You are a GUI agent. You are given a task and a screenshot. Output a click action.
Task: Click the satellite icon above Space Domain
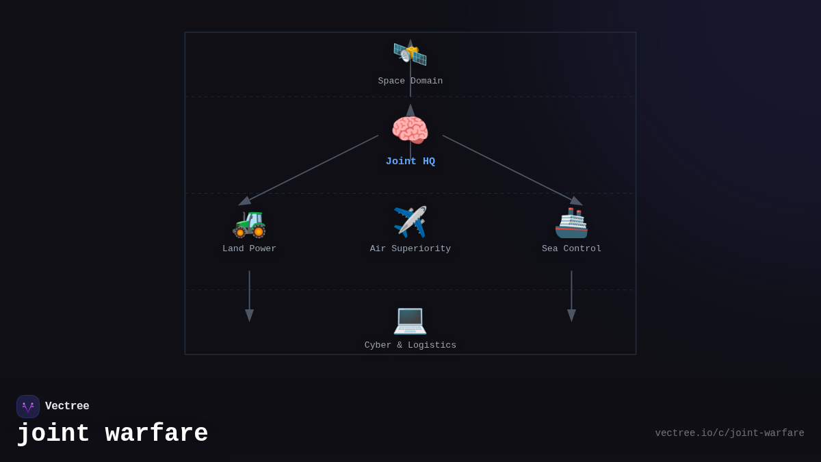pyautogui.click(x=410, y=53)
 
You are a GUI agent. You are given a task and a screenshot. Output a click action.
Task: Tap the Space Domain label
pyautogui.click(x=410, y=81)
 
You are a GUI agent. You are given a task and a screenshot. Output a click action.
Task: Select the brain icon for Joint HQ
pyautogui.click(x=410, y=130)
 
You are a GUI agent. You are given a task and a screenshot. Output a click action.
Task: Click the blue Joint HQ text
pyautogui.click(x=410, y=162)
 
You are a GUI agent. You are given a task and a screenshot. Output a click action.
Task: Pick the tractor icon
pyautogui.click(x=249, y=222)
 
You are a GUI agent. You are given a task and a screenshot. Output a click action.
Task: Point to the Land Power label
pyautogui.click(x=249, y=249)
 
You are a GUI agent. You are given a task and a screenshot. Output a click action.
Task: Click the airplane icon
pyautogui.click(x=410, y=222)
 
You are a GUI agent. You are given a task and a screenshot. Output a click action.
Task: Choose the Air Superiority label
pyautogui.click(x=410, y=249)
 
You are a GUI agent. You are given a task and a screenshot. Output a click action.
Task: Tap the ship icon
pyautogui.click(x=571, y=222)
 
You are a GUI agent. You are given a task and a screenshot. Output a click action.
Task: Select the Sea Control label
pyautogui.click(x=571, y=249)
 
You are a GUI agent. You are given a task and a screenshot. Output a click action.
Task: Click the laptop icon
pyautogui.click(x=410, y=319)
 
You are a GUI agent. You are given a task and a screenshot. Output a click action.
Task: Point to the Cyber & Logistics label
pyautogui.click(x=410, y=346)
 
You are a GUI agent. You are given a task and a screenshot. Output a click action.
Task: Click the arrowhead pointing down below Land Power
pyautogui.click(x=249, y=316)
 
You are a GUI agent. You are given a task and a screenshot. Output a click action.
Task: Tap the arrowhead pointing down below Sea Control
pyautogui.click(x=571, y=316)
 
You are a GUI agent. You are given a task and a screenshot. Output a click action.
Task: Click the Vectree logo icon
pyautogui.click(x=28, y=407)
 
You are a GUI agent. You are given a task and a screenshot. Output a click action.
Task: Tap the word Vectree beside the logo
pyautogui.click(x=67, y=407)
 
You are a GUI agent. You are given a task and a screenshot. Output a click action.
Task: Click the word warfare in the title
pyautogui.click(x=157, y=434)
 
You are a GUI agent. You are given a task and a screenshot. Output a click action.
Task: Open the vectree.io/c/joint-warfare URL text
pyautogui.click(x=729, y=433)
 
